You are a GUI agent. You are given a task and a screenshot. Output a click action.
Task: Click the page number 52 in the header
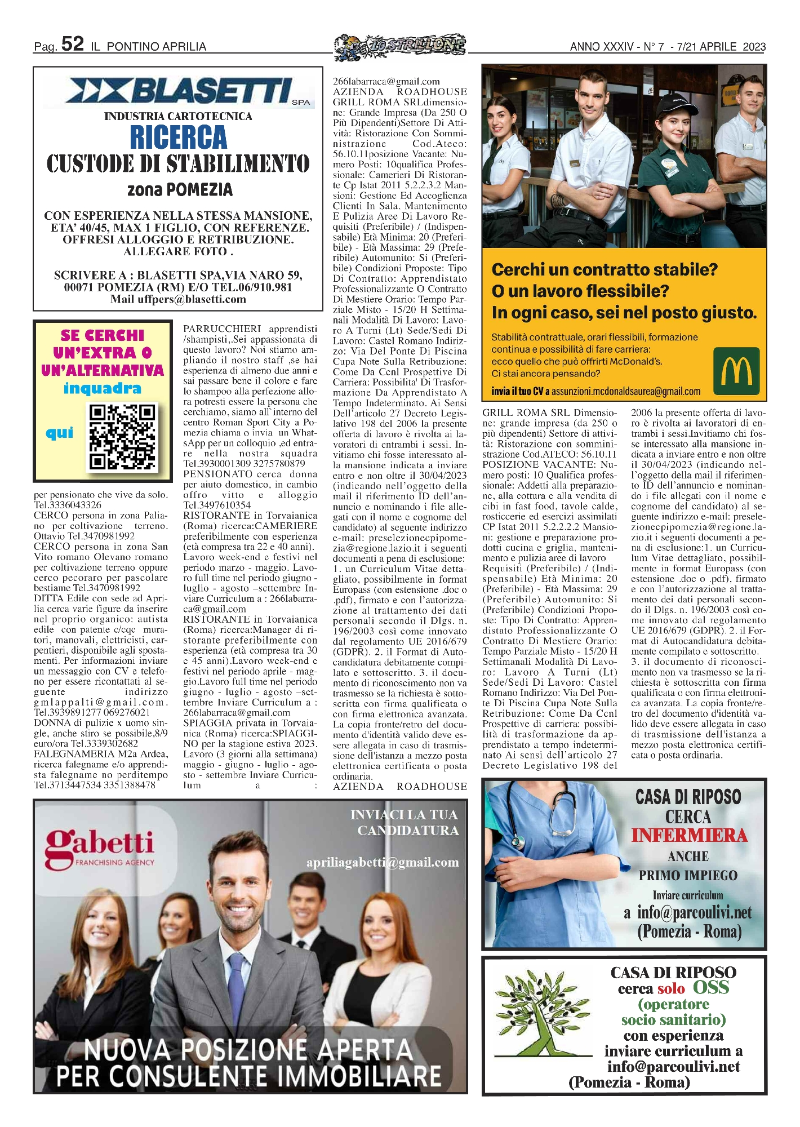[73, 44]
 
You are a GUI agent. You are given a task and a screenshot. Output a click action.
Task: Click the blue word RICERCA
[179, 137]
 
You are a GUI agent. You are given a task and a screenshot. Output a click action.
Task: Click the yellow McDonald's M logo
[736, 371]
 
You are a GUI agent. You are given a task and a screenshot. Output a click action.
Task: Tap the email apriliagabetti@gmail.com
[383, 863]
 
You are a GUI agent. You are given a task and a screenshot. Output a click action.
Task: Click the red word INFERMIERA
[688, 835]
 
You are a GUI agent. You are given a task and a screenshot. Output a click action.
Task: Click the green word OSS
[711, 988]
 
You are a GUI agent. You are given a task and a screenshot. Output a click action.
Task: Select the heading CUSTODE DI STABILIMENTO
[178, 164]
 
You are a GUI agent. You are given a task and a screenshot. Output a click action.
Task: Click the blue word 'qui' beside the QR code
[60, 433]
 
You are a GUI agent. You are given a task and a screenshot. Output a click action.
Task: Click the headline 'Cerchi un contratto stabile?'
[605, 269]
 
